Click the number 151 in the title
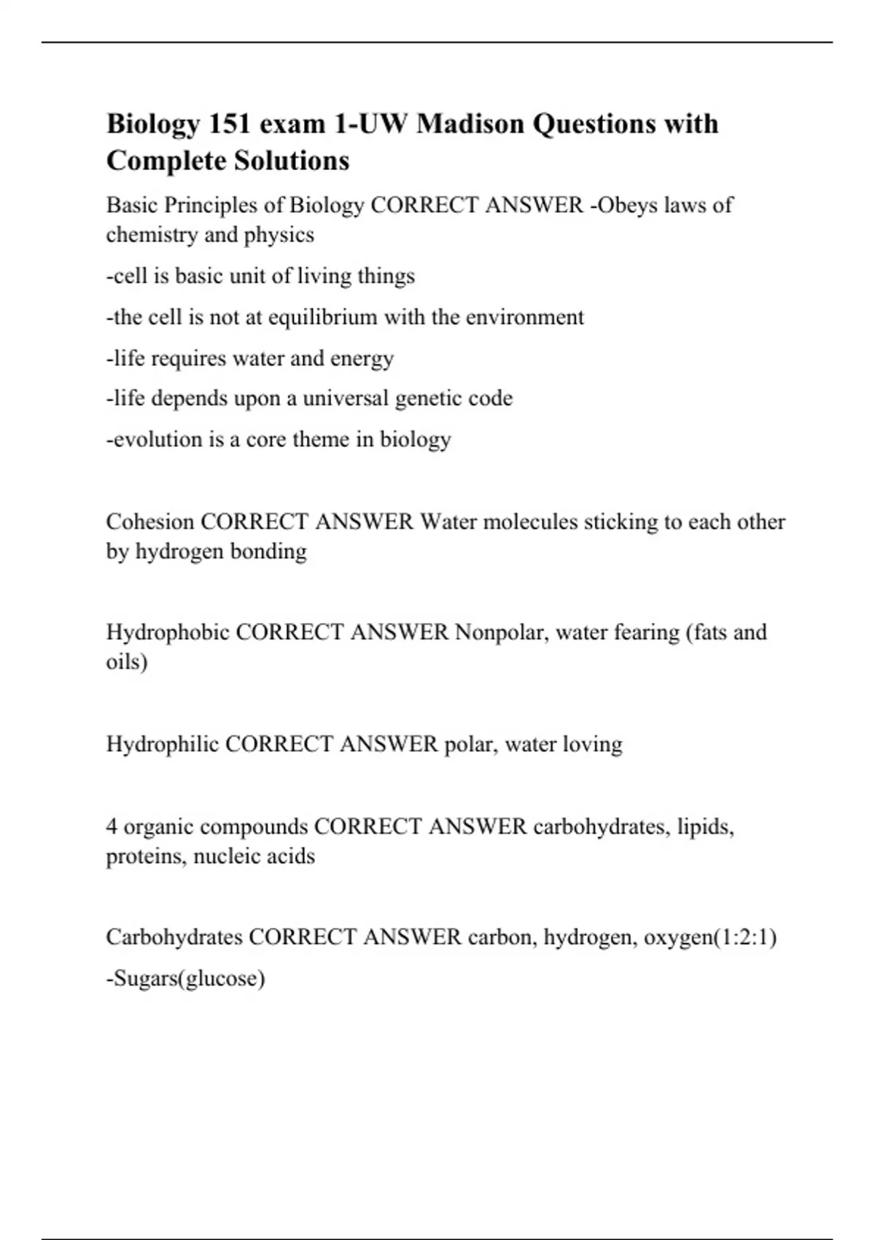(x=228, y=124)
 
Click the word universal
(x=346, y=398)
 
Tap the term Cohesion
(x=149, y=522)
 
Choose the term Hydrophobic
(x=168, y=632)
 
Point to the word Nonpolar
(x=502, y=632)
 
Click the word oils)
(x=127, y=662)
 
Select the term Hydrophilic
(x=163, y=744)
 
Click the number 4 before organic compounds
(x=112, y=826)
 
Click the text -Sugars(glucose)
(x=186, y=978)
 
